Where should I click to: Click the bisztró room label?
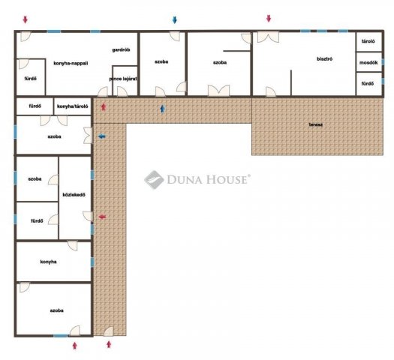click(324, 59)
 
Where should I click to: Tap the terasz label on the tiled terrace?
click(316, 124)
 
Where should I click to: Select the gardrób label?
click(121, 49)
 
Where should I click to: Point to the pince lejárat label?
click(123, 79)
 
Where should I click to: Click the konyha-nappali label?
click(71, 63)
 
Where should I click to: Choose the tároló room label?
click(368, 41)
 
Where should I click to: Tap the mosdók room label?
click(368, 62)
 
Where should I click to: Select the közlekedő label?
click(74, 194)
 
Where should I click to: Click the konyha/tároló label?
click(72, 106)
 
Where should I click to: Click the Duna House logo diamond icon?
click(154, 180)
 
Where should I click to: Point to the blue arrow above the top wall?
click(175, 20)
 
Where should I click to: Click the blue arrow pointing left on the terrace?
click(102, 136)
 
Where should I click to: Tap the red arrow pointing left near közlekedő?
click(102, 217)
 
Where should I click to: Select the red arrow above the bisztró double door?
click(269, 18)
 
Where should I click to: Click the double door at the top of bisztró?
click(268, 37)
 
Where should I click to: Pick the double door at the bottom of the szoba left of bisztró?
click(218, 91)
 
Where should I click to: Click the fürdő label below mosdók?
click(368, 83)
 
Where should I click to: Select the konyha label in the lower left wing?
click(48, 262)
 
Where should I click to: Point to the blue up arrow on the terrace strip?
click(163, 109)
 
